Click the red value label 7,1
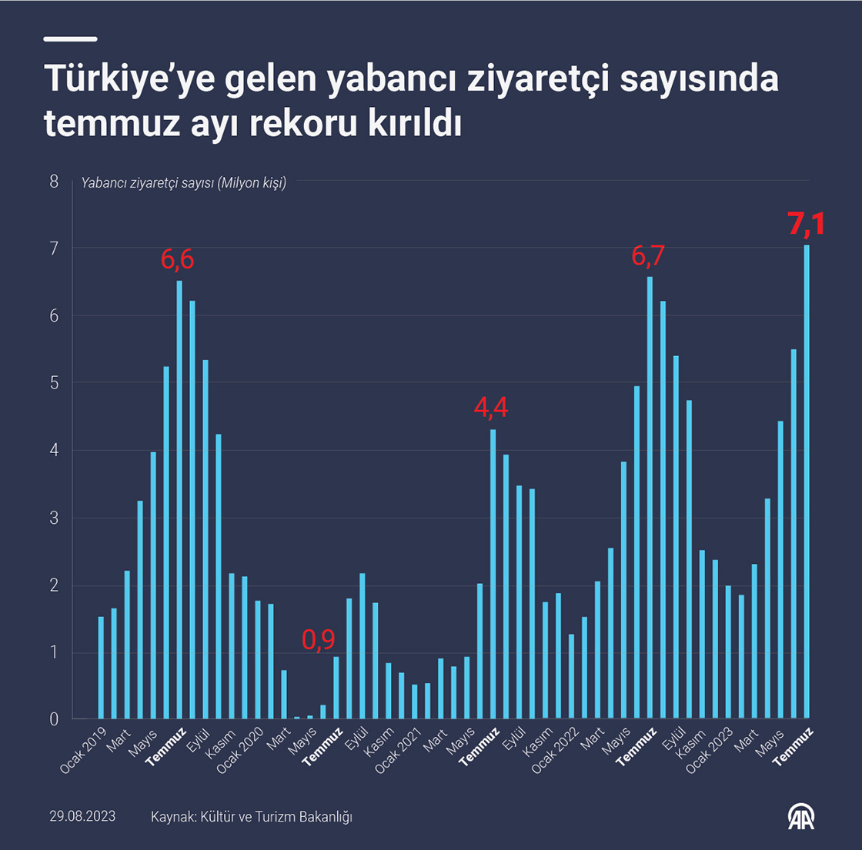tap(806, 224)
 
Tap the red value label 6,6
tap(177, 260)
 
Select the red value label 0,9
tap(318, 639)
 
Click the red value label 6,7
tap(648, 255)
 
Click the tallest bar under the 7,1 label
tap(807, 482)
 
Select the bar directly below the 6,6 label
tap(179, 500)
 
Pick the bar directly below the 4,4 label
tap(493, 574)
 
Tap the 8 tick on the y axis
tap(54, 182)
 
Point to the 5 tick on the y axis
tap(54, 383)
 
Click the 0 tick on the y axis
tap(54, 719)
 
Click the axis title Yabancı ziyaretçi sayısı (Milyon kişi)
tap(184, 183)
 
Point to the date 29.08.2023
tap(82, 816)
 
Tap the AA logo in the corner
tap(800, 816)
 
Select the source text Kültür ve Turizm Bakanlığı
tap(276, 816)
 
